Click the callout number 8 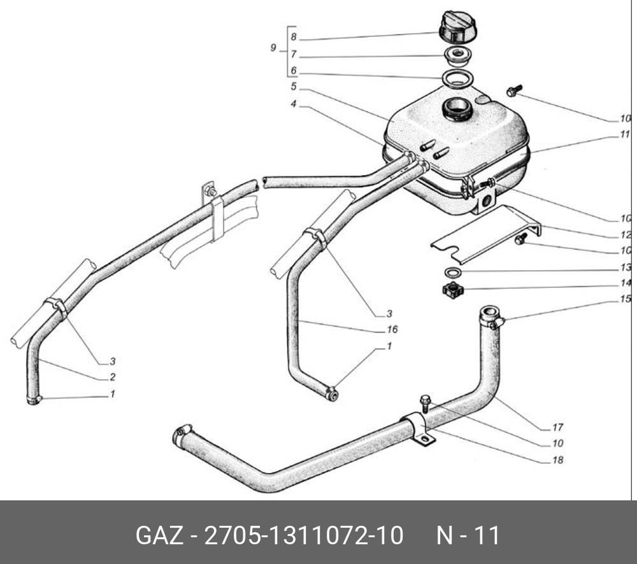pos(293,38)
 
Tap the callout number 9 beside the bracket pos(273,48)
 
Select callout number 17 pos(558,427)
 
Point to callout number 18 pos(558,460)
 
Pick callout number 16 pos(392,329)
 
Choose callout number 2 pos(112,377)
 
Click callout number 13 pos(626,268)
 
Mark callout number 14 pos(626,284)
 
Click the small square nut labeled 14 pos(452,292)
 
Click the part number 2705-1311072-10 pos(303,535)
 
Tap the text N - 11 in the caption pos(468,535)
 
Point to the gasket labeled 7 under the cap pos(457,55)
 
